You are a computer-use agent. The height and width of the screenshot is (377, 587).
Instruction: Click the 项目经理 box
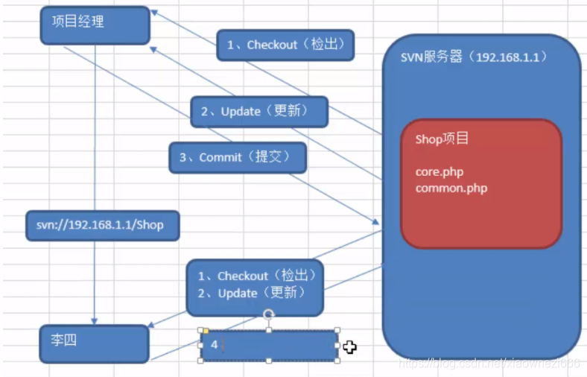pos(95,25)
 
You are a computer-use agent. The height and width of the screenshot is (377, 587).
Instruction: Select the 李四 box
pos(94,343)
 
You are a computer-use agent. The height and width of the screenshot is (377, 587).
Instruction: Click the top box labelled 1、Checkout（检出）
pos(285,45)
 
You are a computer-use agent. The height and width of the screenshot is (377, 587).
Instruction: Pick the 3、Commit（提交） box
pos(237,157)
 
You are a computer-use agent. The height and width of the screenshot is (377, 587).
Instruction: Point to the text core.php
pos(439,172)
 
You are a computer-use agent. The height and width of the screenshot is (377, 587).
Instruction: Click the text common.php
pos(451,188)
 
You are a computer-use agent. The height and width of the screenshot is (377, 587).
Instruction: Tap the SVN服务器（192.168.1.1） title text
pos(474,57)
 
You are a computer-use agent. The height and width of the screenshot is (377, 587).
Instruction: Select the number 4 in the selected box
pos(214,345)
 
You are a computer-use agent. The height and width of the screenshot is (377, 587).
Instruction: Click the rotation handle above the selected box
pos(269,314)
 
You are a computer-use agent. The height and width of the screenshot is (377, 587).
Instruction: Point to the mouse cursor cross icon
pos(350,346)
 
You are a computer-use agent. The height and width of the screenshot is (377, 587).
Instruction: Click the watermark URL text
pos(489,363)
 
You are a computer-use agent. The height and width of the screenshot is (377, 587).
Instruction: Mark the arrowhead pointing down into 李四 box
pos(95,319)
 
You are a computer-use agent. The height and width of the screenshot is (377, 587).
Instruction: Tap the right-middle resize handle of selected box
pos(337,345)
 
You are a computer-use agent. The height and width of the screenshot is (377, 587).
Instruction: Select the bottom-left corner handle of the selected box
pos(200,361)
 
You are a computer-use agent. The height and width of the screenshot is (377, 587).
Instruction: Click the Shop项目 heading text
pos(442,140)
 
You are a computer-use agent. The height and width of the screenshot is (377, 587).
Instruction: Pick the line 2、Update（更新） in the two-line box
pos(251,294)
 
